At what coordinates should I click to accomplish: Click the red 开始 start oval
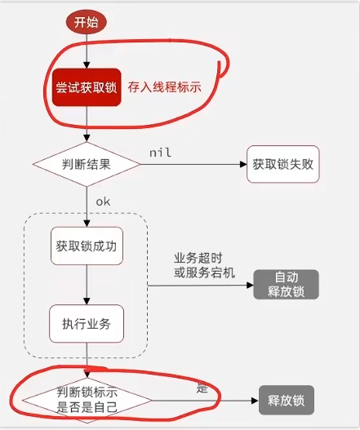[87, 22]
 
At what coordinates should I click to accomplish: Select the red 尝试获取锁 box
[85, 87]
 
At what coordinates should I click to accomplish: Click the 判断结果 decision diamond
[86, 163]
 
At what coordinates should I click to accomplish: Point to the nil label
[159, 153]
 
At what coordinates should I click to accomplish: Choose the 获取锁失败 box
[282, 163]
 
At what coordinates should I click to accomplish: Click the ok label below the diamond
[103, 200]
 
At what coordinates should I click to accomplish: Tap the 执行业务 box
[86, 325]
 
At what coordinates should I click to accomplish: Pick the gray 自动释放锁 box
[286, 283]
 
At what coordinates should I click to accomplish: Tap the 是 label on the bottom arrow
[202, 388]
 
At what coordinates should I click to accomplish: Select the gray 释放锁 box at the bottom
[286, 401]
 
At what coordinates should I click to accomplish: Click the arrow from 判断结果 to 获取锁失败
[193, 163]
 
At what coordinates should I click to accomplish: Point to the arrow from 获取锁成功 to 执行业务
[86, 284]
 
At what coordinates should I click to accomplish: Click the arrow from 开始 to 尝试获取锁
[86, 50]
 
